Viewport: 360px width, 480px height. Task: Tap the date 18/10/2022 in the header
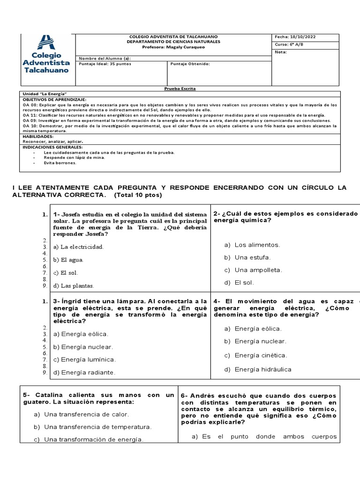tap(297, 37)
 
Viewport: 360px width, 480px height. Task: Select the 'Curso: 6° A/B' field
tap(288, 45)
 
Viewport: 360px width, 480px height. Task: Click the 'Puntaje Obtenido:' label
tap(190, 64)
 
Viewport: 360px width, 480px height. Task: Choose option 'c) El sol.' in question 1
tap(66, 272)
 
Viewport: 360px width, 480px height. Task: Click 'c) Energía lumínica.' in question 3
tap(84, 360)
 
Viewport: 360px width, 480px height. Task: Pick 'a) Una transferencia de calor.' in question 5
tap(82, 414)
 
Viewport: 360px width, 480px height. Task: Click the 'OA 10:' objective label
tap(30, 126)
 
